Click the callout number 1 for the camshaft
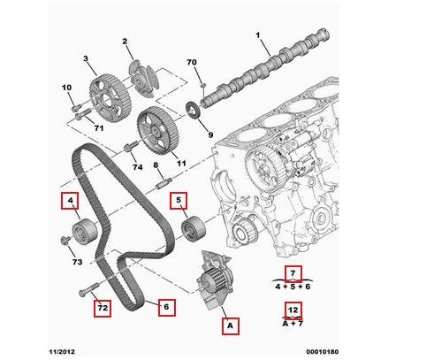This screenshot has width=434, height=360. (x=258, y=35)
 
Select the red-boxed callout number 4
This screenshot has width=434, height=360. (x=70, y=201)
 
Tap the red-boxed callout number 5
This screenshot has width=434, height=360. (x=179, y=201)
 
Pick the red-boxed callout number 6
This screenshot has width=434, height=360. (x=167, y=308)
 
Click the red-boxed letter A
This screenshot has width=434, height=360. (x=231, y=326)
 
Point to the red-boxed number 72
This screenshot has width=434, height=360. (x=103, y=308)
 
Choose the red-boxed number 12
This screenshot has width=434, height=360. (x=293, y=310)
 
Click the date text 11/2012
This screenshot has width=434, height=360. (x=62, y=352)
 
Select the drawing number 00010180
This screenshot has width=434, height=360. (x=323, y=352)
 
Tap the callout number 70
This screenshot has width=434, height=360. (x=192, y=62)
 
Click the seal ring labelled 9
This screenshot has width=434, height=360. (x=194, y=110)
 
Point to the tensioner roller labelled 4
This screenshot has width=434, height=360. (x=85, y=230)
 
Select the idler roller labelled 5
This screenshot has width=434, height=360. (x=193, y=229)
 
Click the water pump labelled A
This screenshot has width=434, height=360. (x=214, y=280)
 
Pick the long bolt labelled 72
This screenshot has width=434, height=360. (x=89, y=289)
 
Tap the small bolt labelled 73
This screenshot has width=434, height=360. (x=65, y=240)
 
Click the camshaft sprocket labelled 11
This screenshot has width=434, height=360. (x=158, y=131)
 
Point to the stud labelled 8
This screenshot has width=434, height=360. (x=164, y=184)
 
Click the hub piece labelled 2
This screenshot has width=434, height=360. (x=144, y=78)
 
